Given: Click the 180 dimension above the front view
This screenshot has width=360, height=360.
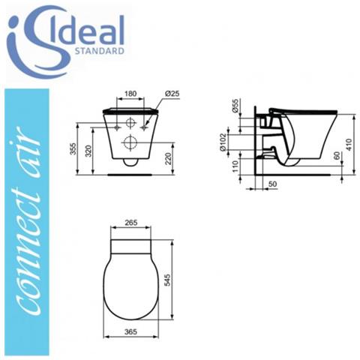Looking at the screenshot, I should pyautogui.click(x=129, y=94).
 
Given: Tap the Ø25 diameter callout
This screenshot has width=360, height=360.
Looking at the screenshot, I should pyautogui.click(x=170, y=94).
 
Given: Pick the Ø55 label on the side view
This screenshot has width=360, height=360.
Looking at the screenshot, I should pyautogui.click(x=236, y=106).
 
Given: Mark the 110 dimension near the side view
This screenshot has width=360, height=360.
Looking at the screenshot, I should pyautogui.click(x=236, y=167).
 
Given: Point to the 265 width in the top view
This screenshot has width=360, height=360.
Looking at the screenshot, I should pyautogui.click(x=130, y=223).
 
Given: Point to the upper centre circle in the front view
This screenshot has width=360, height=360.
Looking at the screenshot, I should pyautogui.click(x=130, y=121).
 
